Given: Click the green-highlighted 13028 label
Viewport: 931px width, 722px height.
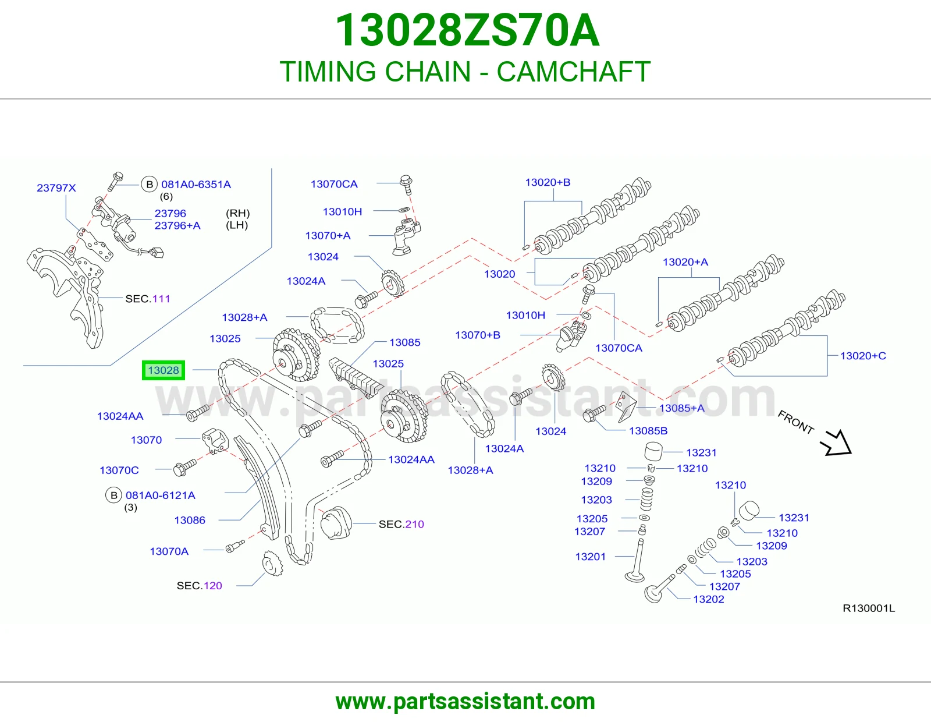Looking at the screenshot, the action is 164,370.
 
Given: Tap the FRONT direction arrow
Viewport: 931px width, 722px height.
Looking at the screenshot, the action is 836,443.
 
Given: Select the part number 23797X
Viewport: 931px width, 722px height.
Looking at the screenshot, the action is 56,188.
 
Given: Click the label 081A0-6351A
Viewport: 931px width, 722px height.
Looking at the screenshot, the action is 196,185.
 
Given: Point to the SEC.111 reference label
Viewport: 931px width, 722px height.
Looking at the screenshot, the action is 147,299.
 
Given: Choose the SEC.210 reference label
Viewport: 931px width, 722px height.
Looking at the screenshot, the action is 401,524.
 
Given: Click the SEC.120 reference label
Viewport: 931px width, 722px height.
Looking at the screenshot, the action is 199,586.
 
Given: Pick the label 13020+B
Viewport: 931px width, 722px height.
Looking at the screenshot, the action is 548,182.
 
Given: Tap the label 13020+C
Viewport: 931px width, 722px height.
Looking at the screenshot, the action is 863,355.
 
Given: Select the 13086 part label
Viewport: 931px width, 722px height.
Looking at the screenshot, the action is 190,520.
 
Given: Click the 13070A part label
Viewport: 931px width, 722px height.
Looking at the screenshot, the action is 169,551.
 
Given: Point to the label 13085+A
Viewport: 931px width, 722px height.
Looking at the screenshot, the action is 681,408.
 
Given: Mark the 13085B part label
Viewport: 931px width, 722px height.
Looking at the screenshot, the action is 648,430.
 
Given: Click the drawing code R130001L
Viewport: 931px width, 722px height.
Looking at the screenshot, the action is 868,608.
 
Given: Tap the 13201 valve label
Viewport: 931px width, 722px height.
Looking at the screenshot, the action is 590,557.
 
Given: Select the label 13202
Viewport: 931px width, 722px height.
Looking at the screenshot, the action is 709,599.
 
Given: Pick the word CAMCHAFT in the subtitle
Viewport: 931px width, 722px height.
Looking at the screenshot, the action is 573,71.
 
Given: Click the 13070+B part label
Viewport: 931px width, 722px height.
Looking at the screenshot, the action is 477,335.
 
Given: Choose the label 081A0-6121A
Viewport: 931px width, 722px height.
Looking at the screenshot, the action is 160,495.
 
